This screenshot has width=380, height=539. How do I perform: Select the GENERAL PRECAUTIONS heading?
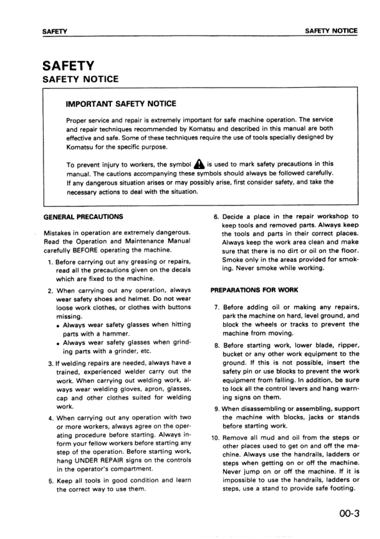83,217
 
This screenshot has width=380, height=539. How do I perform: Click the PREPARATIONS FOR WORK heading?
253,289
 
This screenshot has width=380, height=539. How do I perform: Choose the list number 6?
216,216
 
